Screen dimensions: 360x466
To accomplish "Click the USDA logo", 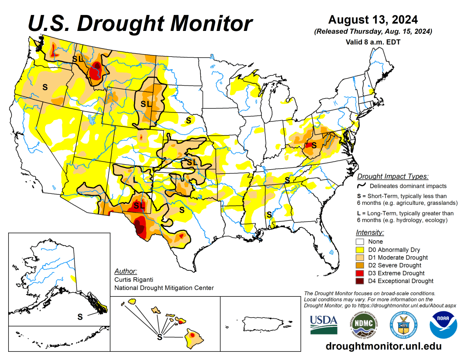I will pyautogui.click(x=324, y=325).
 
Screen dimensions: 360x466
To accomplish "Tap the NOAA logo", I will pyautogui.click(x=444, y=325).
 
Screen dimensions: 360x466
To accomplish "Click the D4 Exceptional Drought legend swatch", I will pyautogui.click(x=360, y=281).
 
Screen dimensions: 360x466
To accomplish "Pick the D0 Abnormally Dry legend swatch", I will pyautogui.click(x=360, y=250).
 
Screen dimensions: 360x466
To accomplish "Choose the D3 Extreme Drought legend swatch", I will pyautogui.click(x=360, y=273).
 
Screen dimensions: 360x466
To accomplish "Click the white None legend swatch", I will pyautogui.click(x=360, y=242).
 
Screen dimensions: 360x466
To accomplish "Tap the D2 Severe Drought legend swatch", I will pyautogui.click(x=360, y=265).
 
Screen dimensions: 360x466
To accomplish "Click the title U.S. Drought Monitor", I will pyautogui.click(x=140, y=23).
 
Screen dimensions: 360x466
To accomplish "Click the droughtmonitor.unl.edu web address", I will pyautogui.click(x=384, y=346).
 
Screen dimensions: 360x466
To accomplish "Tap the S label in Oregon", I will pyautogui.click(x=45, y=86).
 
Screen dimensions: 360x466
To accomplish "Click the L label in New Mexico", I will pyautogui.click(x=135, y=179).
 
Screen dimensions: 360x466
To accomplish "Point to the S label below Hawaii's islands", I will pyautogui.click(x=159, y=337).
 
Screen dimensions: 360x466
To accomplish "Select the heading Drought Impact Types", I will pyautogui.click(x=393, y=177).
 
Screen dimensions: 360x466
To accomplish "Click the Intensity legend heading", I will pyautogui.click(x=370, y=232).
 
